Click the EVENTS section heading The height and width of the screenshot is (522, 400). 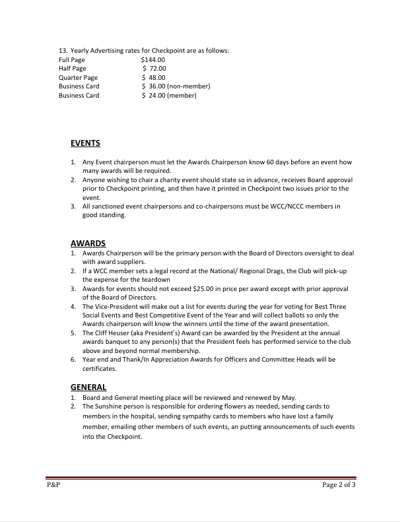click(85, 143)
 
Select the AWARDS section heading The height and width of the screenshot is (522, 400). click(88, 243)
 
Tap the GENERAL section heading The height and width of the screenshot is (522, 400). click(88, 387)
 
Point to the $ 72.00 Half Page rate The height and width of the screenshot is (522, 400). click(154, 69)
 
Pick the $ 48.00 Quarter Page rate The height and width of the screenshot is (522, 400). click(154, 78)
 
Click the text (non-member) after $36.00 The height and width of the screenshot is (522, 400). click(188, 86)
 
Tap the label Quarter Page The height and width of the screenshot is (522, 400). click(78, 78)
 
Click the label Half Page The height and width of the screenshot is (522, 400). click(72, 69)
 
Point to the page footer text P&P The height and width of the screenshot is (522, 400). click(53, 485)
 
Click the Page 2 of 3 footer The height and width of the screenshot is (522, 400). click(339, 485)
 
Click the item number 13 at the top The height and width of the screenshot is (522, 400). click(63, 51)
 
